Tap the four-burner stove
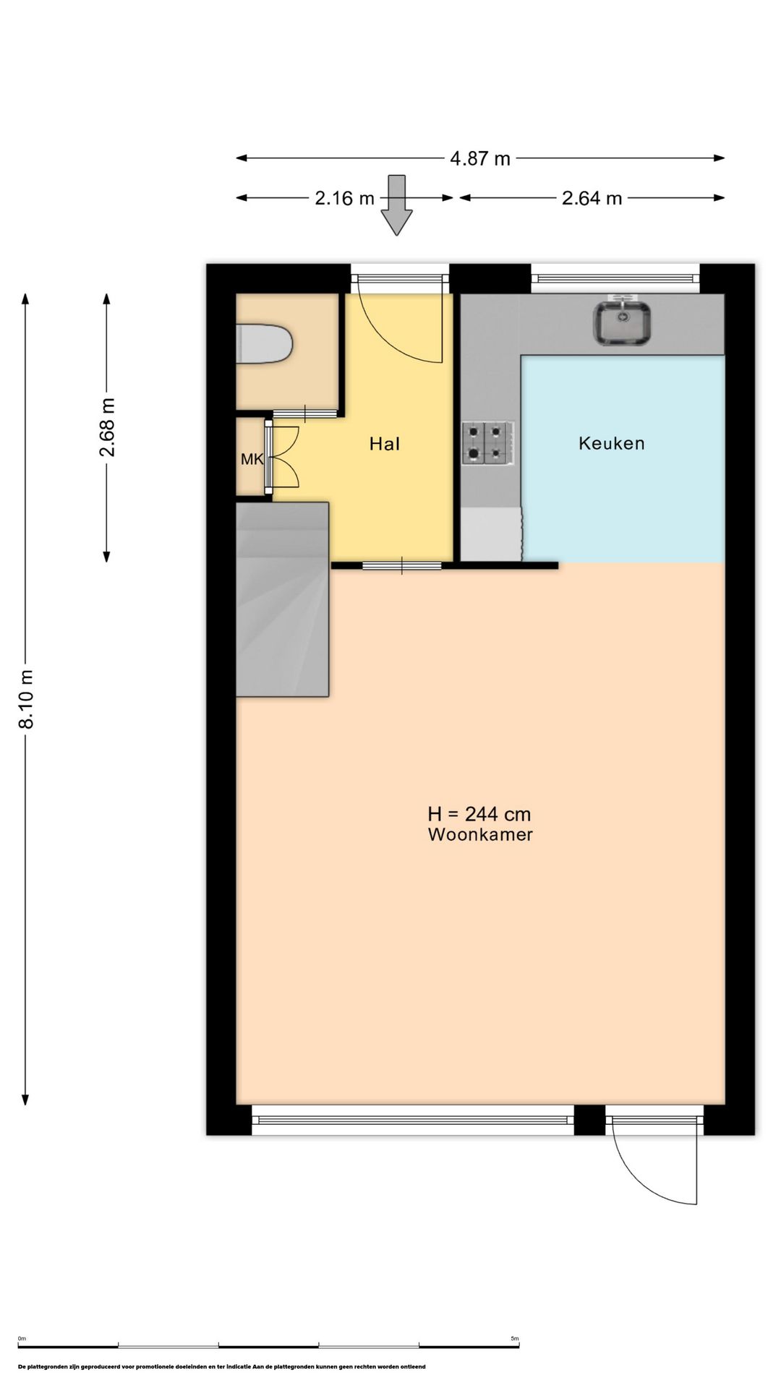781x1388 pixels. [488, 442]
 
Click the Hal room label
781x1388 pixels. [385, 444]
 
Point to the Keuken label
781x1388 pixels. [612, 443]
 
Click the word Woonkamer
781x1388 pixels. [480, 835]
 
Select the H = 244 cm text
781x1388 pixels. [479, 814]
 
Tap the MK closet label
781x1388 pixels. [252, 459]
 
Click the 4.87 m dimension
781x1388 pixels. [480, 158]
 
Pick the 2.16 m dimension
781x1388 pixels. [345, 198]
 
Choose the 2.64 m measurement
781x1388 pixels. [592, 198]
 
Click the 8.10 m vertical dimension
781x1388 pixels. [26, 699]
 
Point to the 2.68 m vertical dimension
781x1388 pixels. [107, 427]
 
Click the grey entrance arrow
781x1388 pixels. [396, 205]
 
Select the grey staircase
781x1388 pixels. [283, 599]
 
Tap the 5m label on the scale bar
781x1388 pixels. [515, 1339]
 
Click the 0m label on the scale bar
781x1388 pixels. [22, 1339]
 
